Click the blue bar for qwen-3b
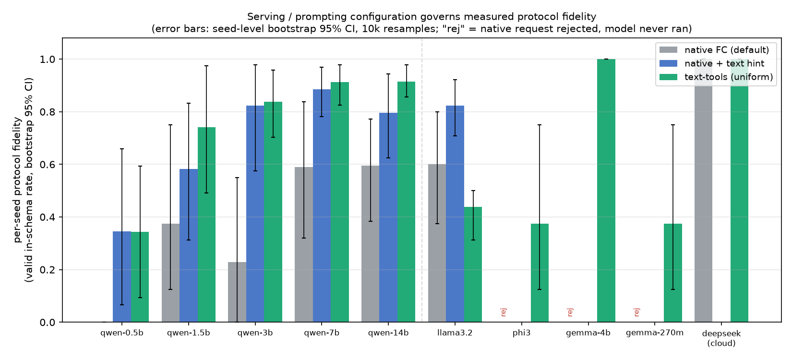coord(255,214)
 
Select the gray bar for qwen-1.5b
coord(171,273)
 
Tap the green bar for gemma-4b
coord(606,191)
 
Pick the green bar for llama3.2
coord(473,264)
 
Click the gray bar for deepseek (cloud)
coord(703,191)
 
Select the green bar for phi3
coord(540,273)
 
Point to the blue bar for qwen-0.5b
coord(122,277)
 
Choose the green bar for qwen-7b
coord(340,202)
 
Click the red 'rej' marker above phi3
coord(504,312)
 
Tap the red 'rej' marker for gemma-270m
coord(637,312)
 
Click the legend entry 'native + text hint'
coord(724,63)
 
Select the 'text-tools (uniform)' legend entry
coord(729,77)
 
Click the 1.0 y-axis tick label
coord(48,59)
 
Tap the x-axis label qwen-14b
coord(388,333)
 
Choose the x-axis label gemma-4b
coord(588,333)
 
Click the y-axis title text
coord(24,180)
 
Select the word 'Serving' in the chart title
coord(262,17)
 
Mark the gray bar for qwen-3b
coord(237,292)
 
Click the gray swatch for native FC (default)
coord(668,50)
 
